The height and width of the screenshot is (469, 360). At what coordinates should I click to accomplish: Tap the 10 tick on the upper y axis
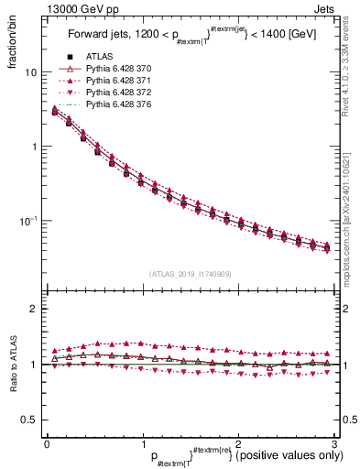30,72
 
